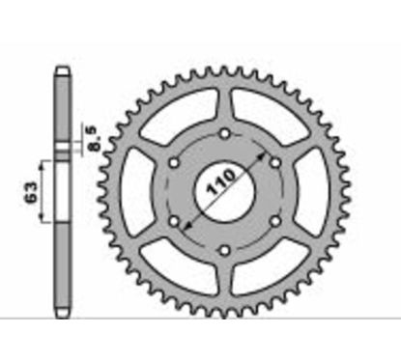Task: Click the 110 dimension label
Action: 221,182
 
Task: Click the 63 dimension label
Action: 31,192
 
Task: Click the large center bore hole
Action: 224,192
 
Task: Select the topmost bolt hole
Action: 225,133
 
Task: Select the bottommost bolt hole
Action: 225,250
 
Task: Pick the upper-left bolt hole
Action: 174,163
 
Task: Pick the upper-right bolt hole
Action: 275,163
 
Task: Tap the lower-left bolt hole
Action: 174,221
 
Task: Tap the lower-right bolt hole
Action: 275,221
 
